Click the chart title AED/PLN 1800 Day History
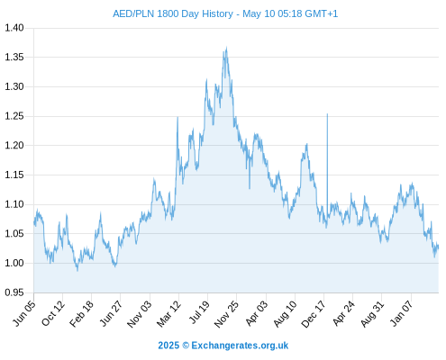[x=173, y=14]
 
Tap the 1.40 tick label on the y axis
[x=14, y=28]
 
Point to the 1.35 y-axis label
[x=14, y=57]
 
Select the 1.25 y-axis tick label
[x=14, y=116]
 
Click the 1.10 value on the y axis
[x=14, y=204]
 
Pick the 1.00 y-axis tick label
[x=14, y=263]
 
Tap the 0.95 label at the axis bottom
[x=14, y=292]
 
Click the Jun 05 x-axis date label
[x=24, y=313]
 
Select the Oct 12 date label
[x=53, y=313]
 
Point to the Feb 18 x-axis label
[x=81, y=314]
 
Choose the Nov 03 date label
[x=140, y=314]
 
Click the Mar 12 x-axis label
[x=168, y=314]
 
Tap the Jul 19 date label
[x=199, y=312]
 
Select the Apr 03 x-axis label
[x=256, y=313]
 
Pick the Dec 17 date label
[x=314, y=314]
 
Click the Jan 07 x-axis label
[x=400, y=313]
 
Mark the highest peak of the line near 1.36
[x=226, y=47]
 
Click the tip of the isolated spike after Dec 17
[x=327, y=114]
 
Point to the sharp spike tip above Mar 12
[x=177, y=117]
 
